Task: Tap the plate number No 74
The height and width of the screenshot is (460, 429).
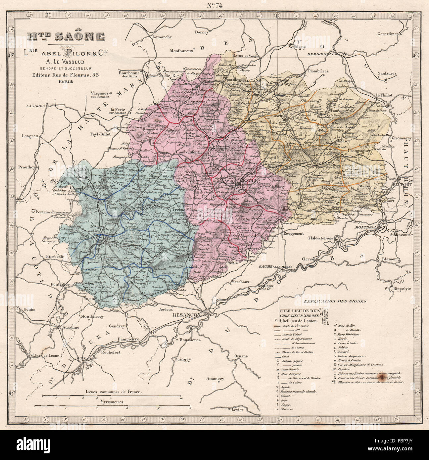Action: (x=215, y=5)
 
